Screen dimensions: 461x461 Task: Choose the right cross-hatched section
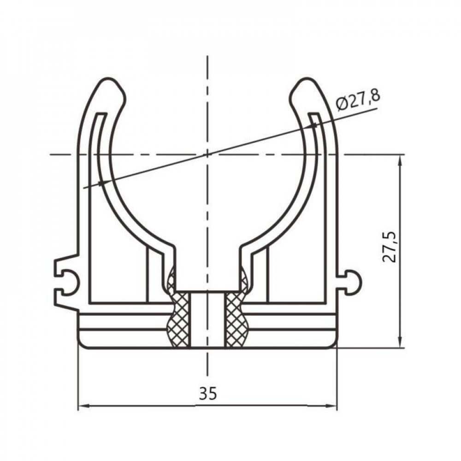point(236,318)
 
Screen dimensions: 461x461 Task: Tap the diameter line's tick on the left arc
point(101,183)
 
